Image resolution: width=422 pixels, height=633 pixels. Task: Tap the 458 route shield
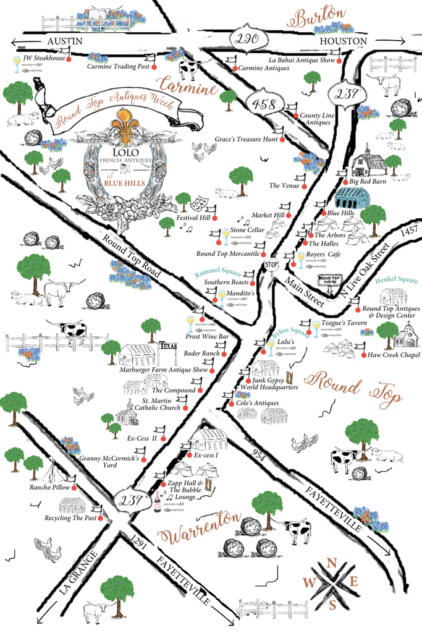[260, 104]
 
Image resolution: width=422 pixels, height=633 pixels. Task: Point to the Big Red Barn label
[367, 182]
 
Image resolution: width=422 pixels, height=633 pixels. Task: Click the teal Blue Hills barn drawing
[352, 198]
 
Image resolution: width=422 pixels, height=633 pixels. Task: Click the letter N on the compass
[332, 563]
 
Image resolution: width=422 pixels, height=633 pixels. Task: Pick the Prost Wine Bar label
[208, 336]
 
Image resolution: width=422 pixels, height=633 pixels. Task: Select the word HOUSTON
[343, 41]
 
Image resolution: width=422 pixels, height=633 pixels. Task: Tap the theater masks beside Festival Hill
[199, 202]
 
